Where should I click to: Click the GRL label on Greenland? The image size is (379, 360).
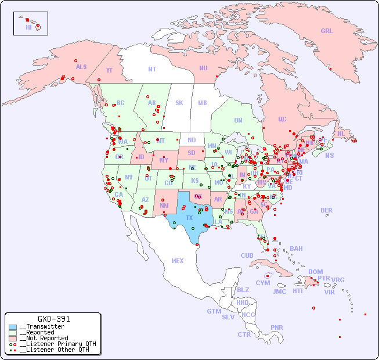click(327, 31)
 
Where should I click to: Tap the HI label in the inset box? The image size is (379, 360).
click(28, 27)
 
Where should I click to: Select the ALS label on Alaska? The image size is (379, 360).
click(81, 67)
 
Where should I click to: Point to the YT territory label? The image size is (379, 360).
click(109, 70)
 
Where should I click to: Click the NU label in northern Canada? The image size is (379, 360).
click(203, 68)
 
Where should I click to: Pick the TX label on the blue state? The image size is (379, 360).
click(189, 218)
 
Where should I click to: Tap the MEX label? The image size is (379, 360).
click(177, 261)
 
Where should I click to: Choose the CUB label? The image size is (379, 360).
click(247, 255)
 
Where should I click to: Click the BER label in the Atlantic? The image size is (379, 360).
click(326, 210)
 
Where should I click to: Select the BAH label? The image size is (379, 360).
click(296, 249)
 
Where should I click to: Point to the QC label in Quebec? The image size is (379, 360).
click(282, 119)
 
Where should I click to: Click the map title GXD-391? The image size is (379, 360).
click(54, 319)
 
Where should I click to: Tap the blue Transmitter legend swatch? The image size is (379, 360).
click(13, 327)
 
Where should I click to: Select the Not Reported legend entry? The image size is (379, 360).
click(44, 338)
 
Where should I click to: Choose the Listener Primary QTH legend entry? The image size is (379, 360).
click(54, 344)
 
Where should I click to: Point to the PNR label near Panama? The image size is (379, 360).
click(277, 327)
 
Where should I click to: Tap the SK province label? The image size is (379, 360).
click(179, 103)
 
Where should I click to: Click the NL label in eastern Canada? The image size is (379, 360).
click(341, 134)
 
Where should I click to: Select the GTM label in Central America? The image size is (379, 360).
click(214, 311)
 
